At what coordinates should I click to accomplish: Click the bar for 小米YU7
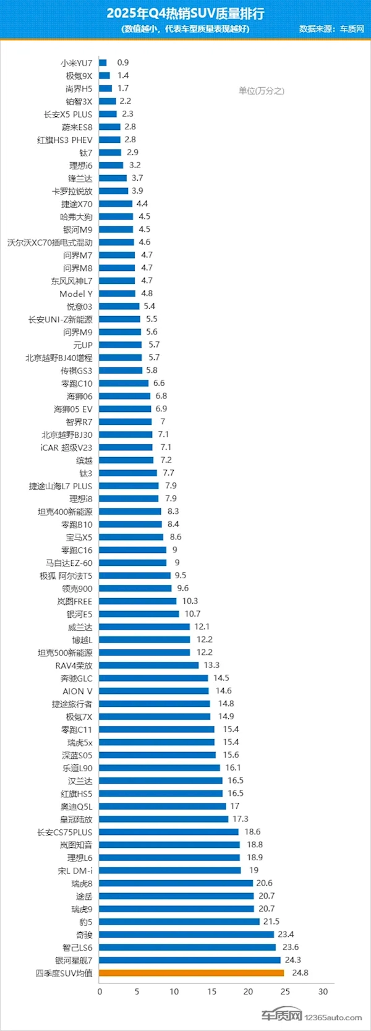pyautogui.click(x=103, y=62)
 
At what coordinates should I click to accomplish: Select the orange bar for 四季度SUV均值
pyautogui.click(x=191, y=973)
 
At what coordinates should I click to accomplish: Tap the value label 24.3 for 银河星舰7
pyautogui.click(x=292, y=960)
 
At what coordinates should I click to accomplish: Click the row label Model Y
pyautogui.click(x=76, y=294)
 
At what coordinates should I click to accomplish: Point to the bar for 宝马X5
pyautogui.click(x=131, y=537)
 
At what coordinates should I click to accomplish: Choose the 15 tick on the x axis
pyautogui.click(x=211, y=991)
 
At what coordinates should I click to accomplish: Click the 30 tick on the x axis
pyautogui.click(x=323, y=991)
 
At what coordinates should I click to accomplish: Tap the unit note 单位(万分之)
pyautogui.click(x=261, y=91)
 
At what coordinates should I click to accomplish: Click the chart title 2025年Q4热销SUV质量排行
pyautogui.click(x=185, y=14)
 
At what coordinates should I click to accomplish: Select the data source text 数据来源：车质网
pyautogui.click(x=331, y=28)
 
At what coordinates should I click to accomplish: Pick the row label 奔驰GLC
pyautogui.click(x=76, y=678)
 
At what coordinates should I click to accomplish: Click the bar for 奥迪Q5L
pyautogui.click(x=163, y=806)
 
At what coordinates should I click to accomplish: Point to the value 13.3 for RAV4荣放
pyautogui.click(x=211, y=665)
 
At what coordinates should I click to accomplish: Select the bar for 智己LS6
pyautogui.click(x=187, y=948)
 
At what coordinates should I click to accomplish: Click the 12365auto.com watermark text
pyautogui.click(x=333, y=1017)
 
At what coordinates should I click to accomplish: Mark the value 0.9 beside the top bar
pyautogui.click(x=123, y=62)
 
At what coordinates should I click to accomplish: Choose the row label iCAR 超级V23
pyautogui.click(x=66, y=448)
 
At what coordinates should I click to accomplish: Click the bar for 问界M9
pyautogui.click(x=120, y=332)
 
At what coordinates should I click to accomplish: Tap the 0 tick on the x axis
pyautogui.click(x=100, y=991)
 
